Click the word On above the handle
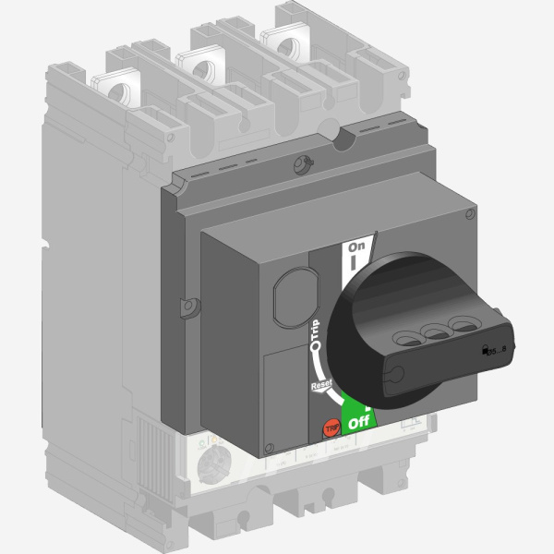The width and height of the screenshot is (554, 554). pos(356,247)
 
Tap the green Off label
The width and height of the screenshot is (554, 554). pos(356,425)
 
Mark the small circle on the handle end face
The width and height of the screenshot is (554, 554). pos(395,373)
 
